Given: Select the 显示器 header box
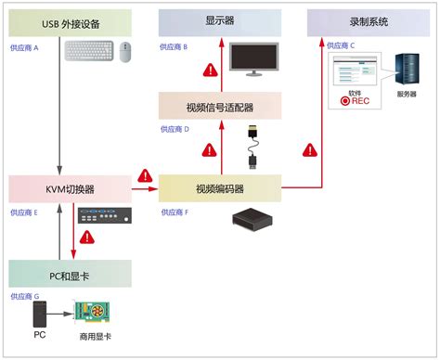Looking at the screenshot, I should (219, 20).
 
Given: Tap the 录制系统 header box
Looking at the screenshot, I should (369, 20).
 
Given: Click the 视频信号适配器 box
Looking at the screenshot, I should (219, 107).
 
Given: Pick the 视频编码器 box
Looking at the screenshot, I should (219, 188).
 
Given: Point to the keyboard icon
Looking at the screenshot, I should (91, 52).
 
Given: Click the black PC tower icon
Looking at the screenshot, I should (39, 315).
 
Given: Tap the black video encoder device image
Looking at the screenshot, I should (253, 220).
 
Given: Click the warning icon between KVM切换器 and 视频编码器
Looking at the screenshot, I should (145, 175).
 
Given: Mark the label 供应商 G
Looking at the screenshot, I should (25, 296).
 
